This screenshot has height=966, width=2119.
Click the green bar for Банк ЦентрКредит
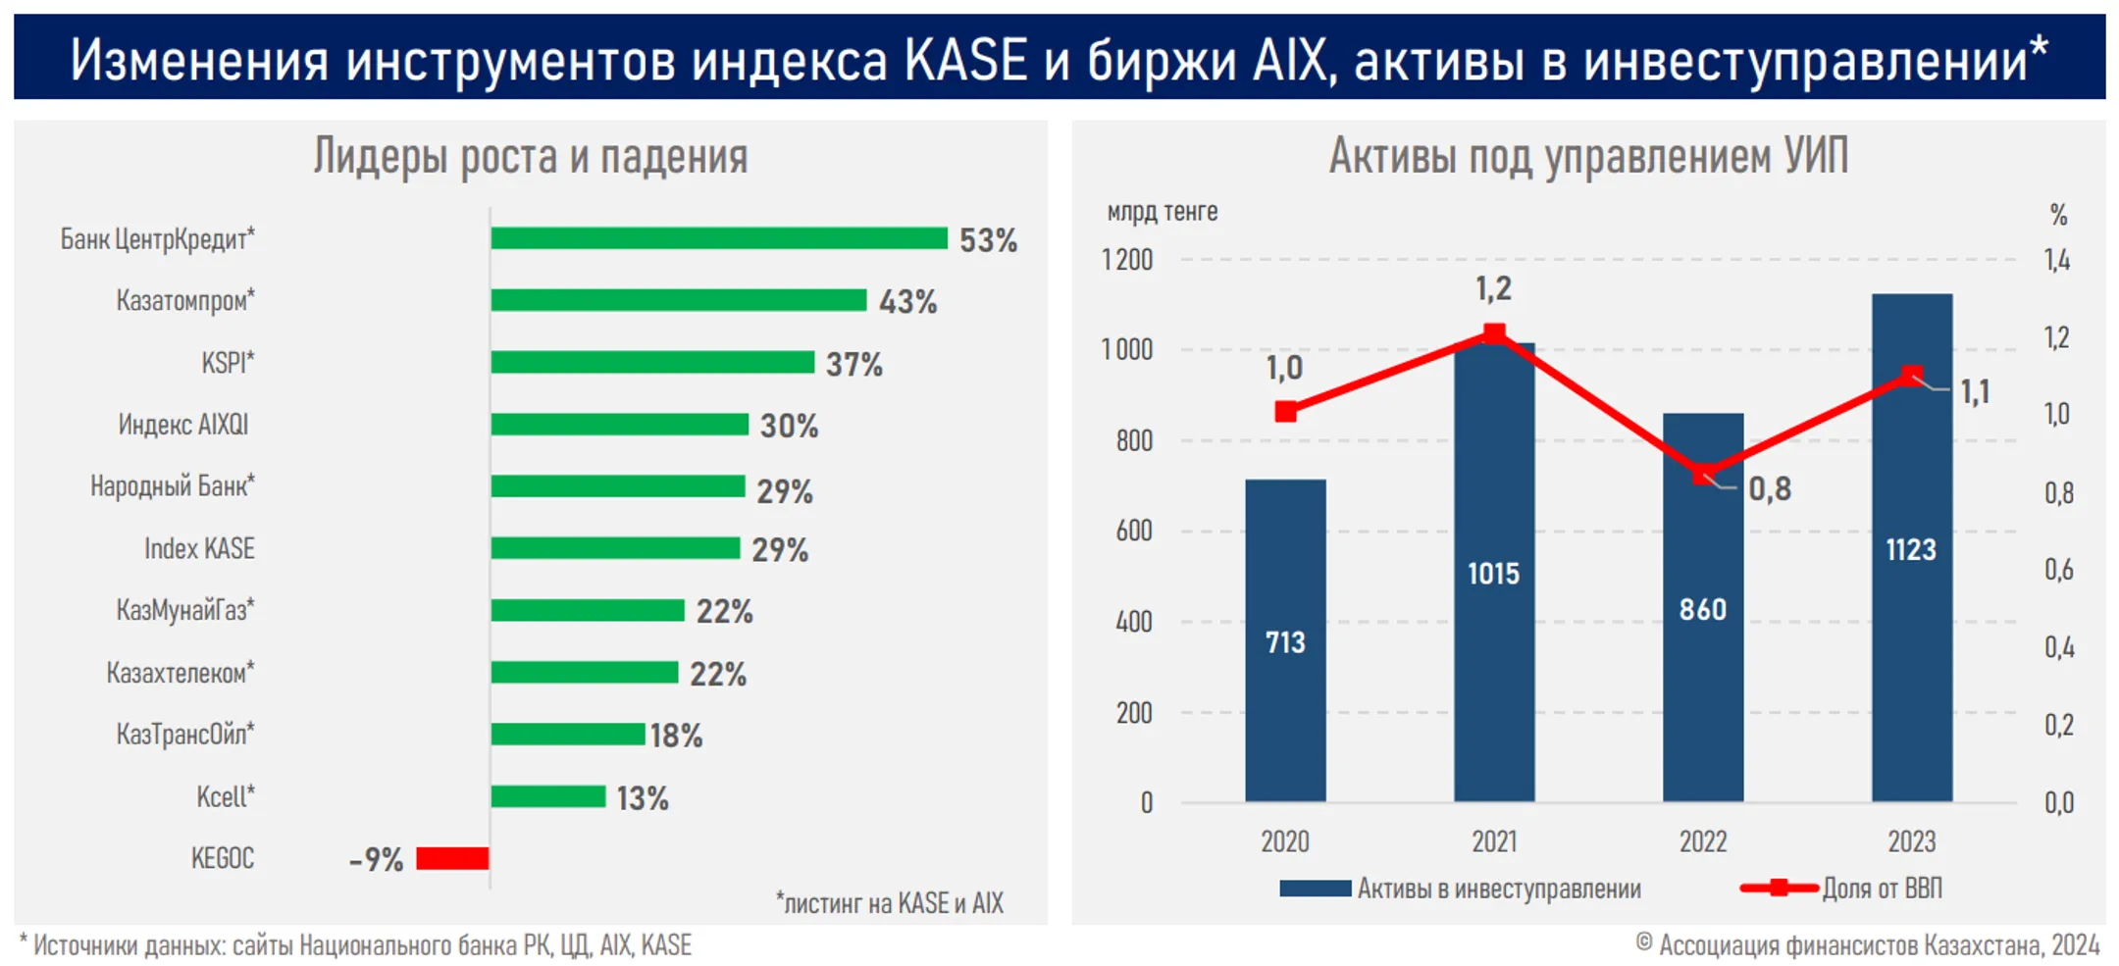(719, 238)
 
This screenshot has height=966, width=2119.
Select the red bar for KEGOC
(452, 858)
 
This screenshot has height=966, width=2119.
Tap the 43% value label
(907, 302)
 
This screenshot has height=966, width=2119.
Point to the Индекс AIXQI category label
(183, 425)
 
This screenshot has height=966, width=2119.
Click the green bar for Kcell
(548, 796)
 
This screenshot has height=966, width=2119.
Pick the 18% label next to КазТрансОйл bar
(676, 736)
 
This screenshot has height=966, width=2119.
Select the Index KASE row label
(199, 548)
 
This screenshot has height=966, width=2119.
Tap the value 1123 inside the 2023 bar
(1911, 549)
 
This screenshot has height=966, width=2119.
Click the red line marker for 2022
(1704, 474)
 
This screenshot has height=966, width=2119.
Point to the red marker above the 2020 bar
(1285, 412)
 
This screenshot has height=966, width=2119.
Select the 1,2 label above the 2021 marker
(1493, 288)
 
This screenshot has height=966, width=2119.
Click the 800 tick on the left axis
(1134, 440)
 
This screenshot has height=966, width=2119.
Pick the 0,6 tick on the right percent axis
(2058, 570)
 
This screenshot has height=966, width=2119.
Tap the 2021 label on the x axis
(1494, 841)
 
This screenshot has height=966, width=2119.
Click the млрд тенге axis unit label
(1163, 212)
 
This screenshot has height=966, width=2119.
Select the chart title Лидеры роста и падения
(531, 157)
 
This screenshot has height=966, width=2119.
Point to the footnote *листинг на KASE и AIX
(890, 902)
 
